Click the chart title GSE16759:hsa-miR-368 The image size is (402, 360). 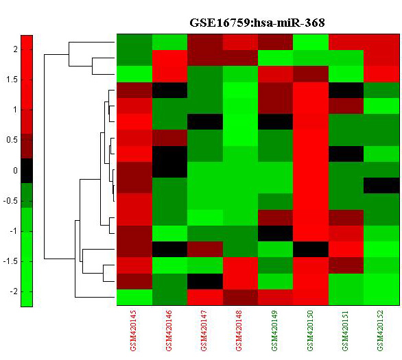point(257,23)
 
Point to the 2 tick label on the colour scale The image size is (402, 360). point(16,49)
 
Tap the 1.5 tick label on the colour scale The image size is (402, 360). point(12,80)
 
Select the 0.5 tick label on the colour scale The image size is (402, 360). point(12,140)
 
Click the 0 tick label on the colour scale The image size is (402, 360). point(15,170)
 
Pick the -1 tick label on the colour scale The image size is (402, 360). point(13,231)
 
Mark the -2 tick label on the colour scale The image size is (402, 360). point(13,291)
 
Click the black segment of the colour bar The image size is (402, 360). point(27,171)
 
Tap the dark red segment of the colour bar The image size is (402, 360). point(27,146)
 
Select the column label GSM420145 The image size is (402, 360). point(133,331)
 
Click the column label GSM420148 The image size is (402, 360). point(239,331)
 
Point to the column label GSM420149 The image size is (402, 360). point(274,331)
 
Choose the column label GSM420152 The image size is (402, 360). point(380,331)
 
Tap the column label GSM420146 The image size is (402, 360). point(169,331)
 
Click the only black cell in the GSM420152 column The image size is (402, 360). point(381,186)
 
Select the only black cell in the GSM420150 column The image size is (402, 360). point(311,250)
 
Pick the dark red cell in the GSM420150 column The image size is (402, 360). point(311,74)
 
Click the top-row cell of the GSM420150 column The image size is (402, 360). point(311,42)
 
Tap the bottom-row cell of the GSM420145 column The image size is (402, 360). point(134,297)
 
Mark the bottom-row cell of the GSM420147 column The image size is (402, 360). point(205,297)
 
